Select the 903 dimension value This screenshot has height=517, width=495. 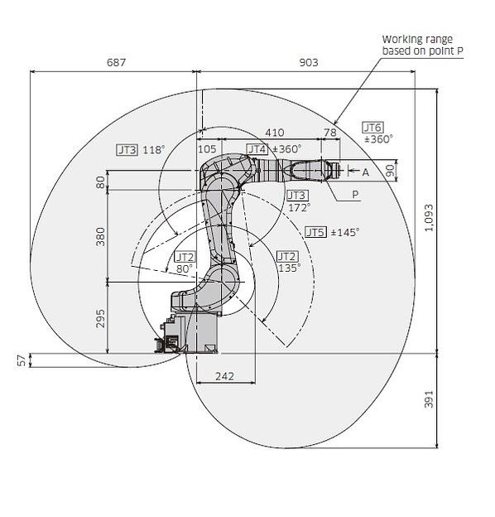(307, 62)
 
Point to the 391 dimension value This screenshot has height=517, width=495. (428, 401)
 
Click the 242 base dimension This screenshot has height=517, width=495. (223, 376)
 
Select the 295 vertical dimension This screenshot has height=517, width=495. (101, 318)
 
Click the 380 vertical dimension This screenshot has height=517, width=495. (101, 236)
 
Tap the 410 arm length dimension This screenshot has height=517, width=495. (274, 133)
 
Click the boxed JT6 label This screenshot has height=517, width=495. (372, 128)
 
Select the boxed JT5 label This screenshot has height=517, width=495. (315, 232)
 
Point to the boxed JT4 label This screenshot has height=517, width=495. (257, 149)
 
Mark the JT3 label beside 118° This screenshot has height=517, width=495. (127, 150)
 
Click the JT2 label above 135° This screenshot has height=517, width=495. (286, 256)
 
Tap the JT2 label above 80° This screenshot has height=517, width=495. (184, 258)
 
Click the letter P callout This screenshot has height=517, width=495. (355, 194)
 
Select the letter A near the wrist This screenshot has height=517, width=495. (365, 172)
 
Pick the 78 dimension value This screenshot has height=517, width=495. (329, 133)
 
